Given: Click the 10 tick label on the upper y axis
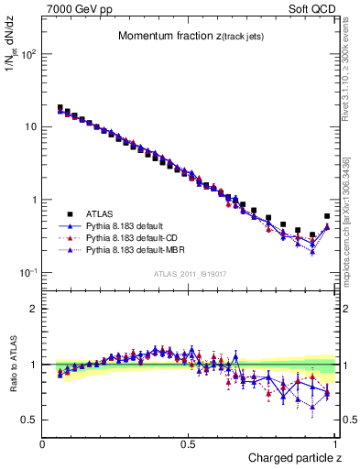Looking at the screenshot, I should coord(30,126).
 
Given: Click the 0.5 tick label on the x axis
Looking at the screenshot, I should coord(189,443).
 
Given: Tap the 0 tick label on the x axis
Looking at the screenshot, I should coord(43,443).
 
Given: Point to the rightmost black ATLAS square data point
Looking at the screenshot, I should coord(327,217).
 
